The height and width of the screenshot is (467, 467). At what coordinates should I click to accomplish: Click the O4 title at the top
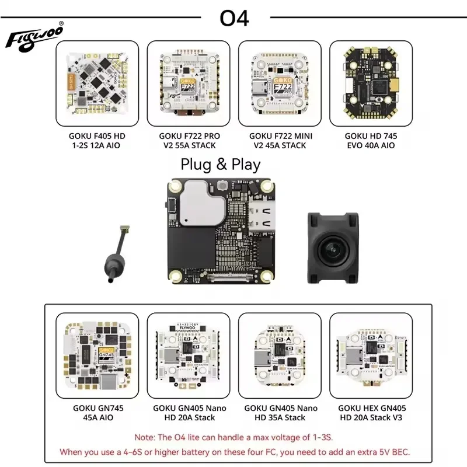[x=234, y=18]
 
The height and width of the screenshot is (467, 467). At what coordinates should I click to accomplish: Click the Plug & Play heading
[x=221, y=165]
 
